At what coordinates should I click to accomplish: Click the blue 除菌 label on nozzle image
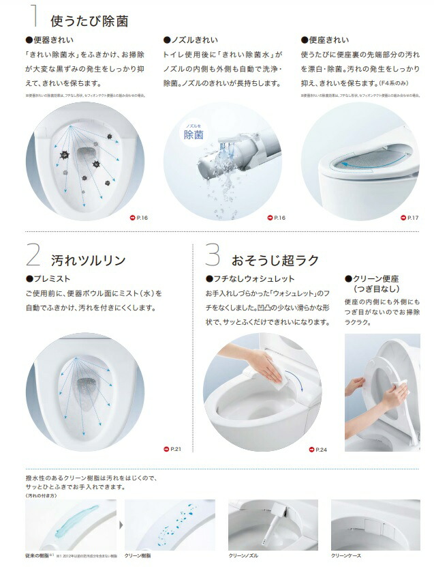click(x=193, y=135)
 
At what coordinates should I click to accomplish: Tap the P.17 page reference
click(x=408, y=218)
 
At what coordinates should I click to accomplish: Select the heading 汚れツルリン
click(x=88, y=260)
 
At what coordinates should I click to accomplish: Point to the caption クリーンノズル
click(x=245, y=556)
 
